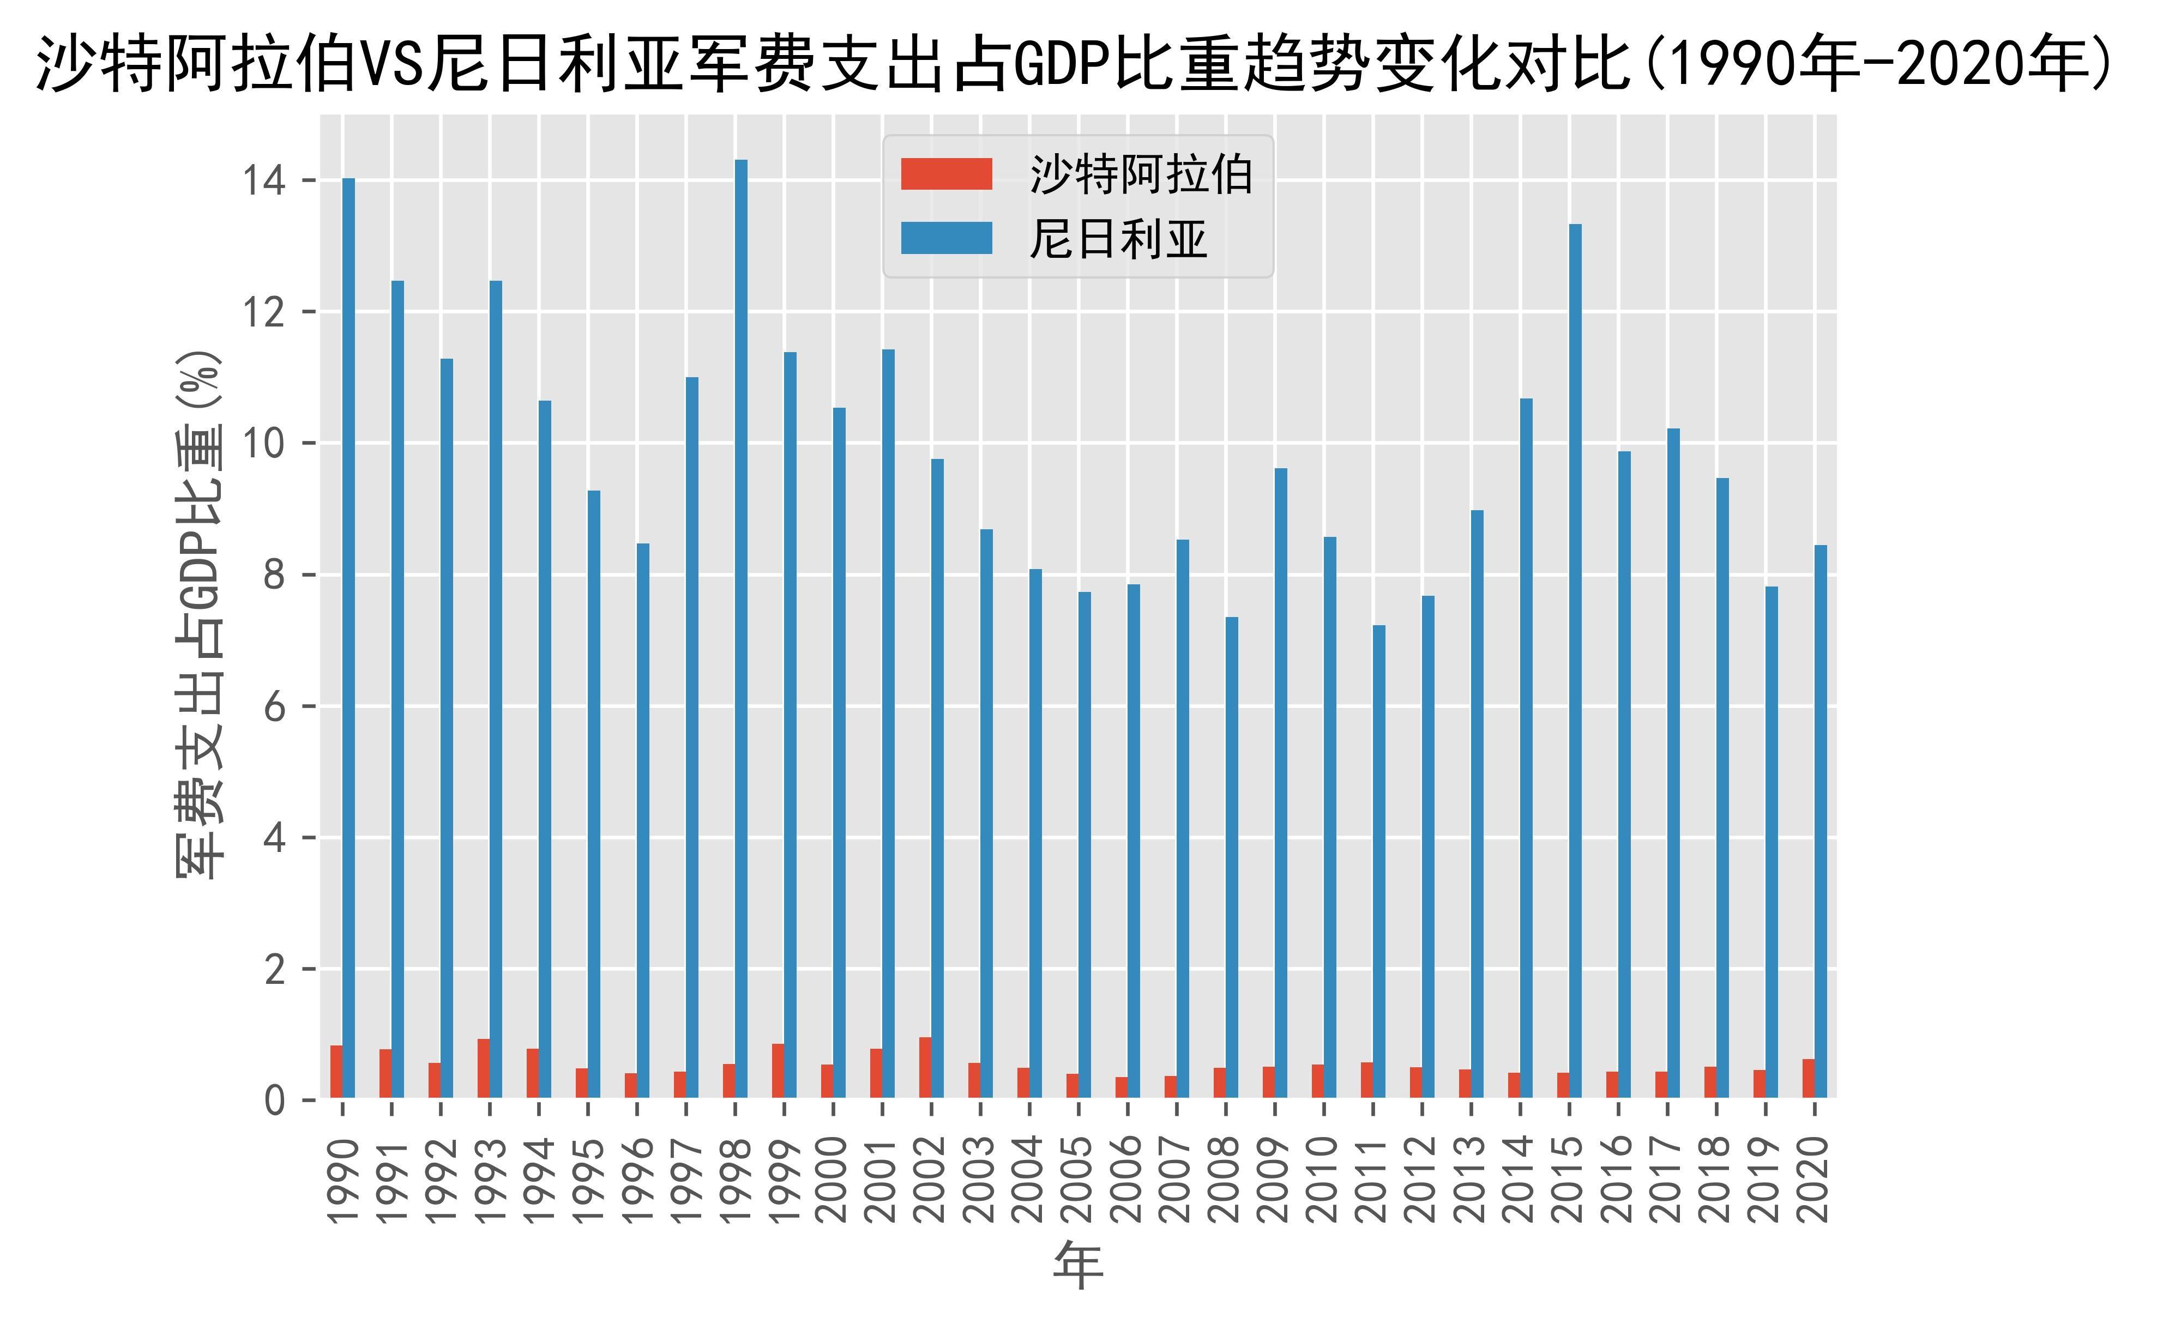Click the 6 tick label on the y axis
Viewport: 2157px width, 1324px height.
point(274,706)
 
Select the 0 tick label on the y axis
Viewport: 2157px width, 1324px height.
point(274,1101)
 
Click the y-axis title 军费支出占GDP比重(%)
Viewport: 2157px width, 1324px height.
point(200,613)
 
